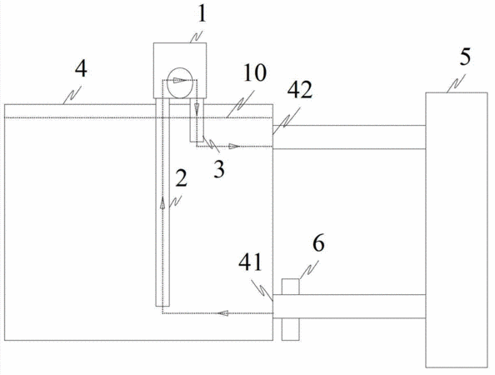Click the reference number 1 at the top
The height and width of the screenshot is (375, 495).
[202, 14]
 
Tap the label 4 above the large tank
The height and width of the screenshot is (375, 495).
[81, 69]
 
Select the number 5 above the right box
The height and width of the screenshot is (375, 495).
[465, 57]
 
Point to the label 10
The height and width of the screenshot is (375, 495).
[255, 73]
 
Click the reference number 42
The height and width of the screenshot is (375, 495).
[300, 90]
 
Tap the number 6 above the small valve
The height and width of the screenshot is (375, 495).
[318, 243]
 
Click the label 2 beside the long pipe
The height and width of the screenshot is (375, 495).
[181, 177]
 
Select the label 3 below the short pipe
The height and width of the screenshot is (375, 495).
[219, 169]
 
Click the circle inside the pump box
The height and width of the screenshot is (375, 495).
[180, 82]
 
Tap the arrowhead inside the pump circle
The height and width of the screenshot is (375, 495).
[179, 80]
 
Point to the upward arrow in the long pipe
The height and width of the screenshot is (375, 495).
[162, 202]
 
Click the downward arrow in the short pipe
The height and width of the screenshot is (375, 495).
[197, 109]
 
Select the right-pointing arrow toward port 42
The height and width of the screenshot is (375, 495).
[235, 146]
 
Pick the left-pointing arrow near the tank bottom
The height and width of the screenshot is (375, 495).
[222, 313]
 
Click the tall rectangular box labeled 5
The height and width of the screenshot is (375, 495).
[456, 230]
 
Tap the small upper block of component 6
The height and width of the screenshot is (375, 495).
[290, 287]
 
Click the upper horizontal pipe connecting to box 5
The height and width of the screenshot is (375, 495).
[349, 137]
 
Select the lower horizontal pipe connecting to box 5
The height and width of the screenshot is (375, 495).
[349, 306]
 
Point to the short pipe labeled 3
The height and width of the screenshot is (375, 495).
[197, 120]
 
